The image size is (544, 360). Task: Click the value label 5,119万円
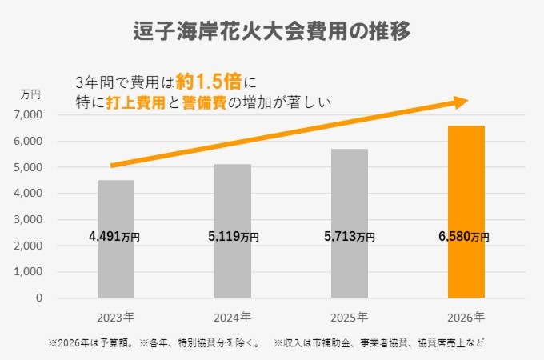point(233,237)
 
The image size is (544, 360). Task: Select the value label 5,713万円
point(349,237)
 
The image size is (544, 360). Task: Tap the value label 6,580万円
point(465,237)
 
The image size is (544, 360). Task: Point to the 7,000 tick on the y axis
point(30,115)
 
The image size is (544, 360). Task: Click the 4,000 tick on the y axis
point(30,194)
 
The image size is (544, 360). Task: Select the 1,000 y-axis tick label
point(30,272)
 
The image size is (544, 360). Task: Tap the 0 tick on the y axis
point(39,298)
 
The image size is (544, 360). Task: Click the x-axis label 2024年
point(233,316)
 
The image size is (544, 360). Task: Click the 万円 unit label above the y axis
point(30,95)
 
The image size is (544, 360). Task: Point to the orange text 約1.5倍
point(210,81)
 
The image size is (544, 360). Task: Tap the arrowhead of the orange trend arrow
point(459,102)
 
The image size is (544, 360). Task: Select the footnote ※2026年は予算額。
point(91,343)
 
